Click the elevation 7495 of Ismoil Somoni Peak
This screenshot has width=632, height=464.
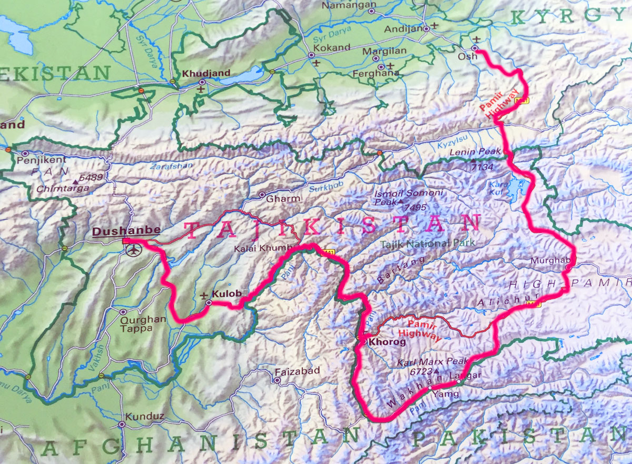coord(416,208)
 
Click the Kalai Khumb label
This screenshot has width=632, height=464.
coord(262,248)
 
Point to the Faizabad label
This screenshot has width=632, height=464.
coord(297,371)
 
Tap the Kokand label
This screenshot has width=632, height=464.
coord(332,47)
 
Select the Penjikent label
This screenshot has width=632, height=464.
coord(42,160)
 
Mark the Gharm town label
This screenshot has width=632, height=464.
coord(283,199)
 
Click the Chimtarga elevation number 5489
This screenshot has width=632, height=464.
coord(92,177)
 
